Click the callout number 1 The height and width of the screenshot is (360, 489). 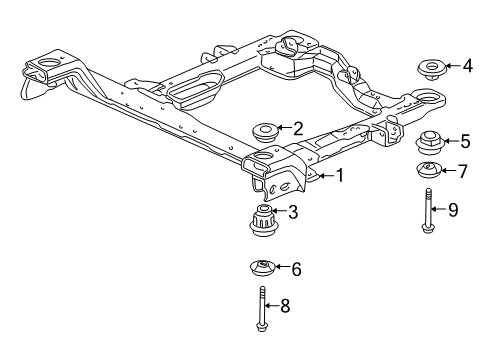click(340, 176)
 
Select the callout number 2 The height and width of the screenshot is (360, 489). click(296, 128)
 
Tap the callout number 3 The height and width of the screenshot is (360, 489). click(292, 211)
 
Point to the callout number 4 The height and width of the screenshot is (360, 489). click(467, 67)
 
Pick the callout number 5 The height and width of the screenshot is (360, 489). click(464, 141)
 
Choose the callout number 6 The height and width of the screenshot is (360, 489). click(296, 268)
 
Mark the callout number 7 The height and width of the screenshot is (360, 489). click(462, 171)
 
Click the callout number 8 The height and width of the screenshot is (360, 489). click(285, 306)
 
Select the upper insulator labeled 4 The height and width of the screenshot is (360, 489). click(431, 71)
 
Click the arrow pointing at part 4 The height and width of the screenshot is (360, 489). click(453, 67)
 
